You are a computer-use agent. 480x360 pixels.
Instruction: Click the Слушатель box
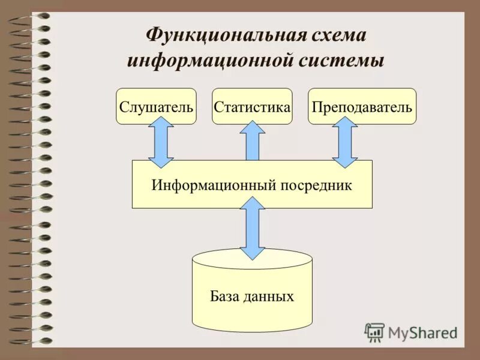156,107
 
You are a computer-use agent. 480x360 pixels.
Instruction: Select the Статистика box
252,107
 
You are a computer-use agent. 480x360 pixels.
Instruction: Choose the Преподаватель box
362,107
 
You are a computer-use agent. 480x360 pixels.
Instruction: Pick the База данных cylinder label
252,296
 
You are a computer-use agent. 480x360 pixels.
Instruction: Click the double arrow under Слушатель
161,142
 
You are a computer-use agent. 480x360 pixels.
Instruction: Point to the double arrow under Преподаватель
345,142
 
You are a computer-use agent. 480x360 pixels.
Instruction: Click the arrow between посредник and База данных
253,228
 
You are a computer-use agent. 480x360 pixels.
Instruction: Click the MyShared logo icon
375,332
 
